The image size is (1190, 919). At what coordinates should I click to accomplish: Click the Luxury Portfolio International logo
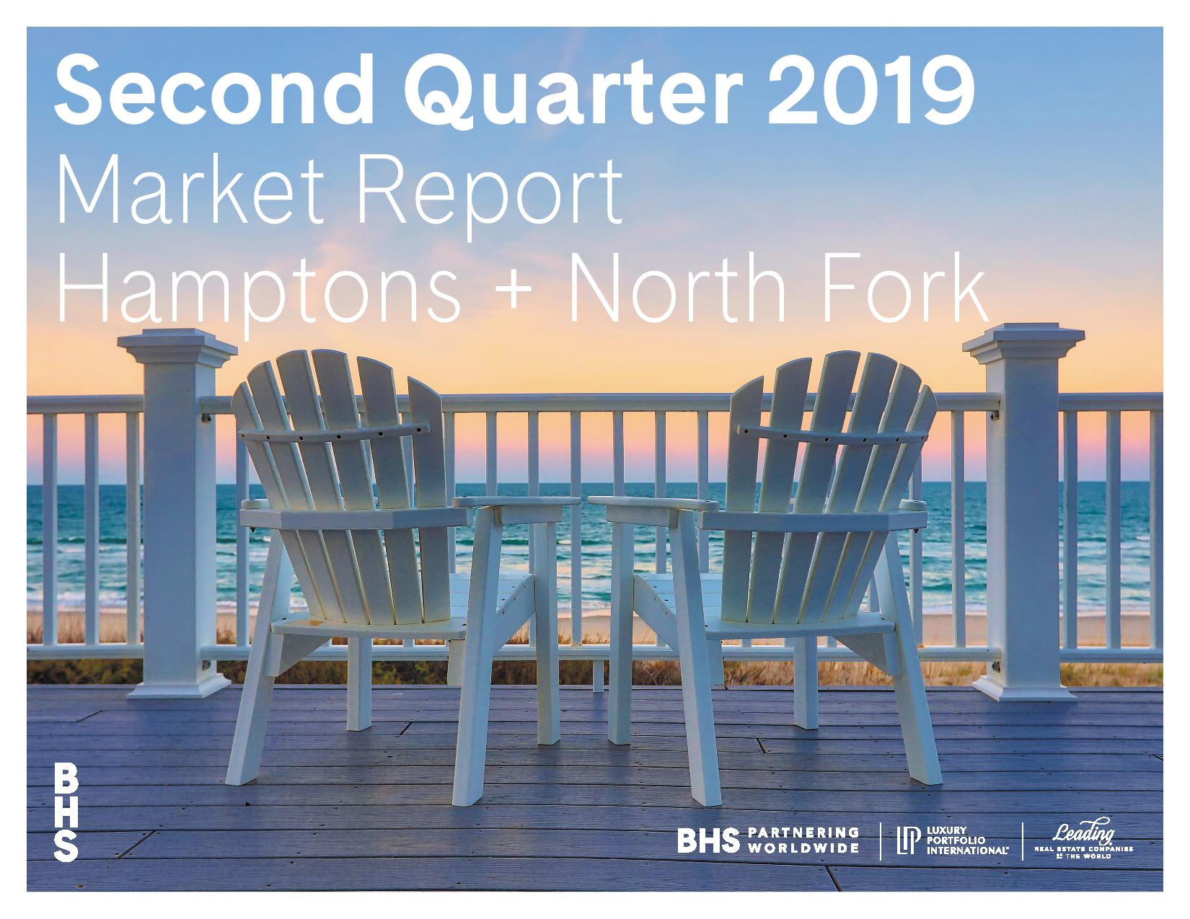click(952, 840)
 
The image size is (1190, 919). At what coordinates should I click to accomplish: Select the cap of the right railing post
click(1023, 342)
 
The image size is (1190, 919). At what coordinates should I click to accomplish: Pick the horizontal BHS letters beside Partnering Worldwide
click(708, 840)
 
